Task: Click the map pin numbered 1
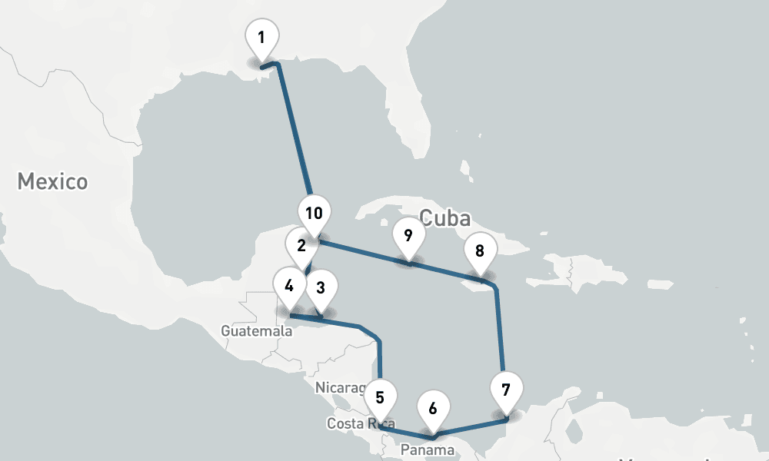pyautogui.click(x=261, y=38)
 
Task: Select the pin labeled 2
pyautogui.click(x=301, y=246)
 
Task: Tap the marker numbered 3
pyautogui.click(x=321, y=288)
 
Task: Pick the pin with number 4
pyautogui.click(x=289, y=287)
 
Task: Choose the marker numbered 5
pyautogui.click(x=381, y=398)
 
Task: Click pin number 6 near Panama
pyautogui.click(x=433, y=408)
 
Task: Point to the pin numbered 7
pyautogui.click(x=505, y=390)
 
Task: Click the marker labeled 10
pyautogui.click(x=314, y=214)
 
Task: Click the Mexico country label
pyautogui.click(x=52, y=182)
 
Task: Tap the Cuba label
pyautogui.click(x=445, y=217)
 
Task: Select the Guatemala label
pyautogui.click(x=256, y=331)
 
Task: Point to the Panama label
pyautogui.click(x=428, y=449)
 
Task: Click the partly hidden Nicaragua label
pyautogui.click(x=338, y=387)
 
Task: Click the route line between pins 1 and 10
pyautogui.click(x=295, y=131)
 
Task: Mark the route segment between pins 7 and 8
pyautogui.click(x=500, y=330)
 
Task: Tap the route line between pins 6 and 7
pyautogui.click(x=469, y=427)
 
